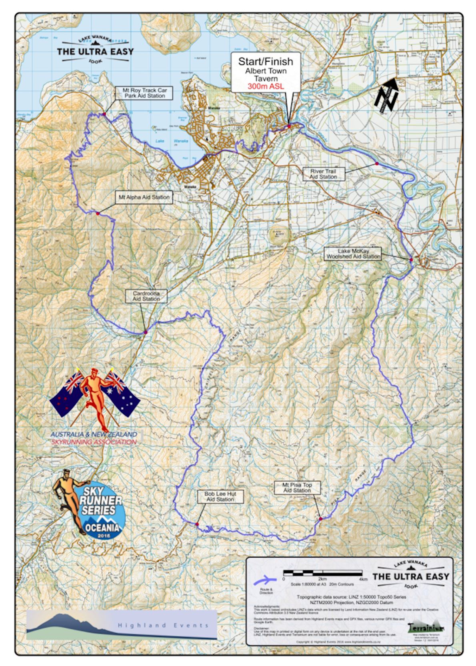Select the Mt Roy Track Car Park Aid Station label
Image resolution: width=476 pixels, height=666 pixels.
(144, 93)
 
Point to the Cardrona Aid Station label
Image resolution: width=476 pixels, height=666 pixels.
(146, 296)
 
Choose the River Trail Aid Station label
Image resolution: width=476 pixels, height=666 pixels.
(323, 174)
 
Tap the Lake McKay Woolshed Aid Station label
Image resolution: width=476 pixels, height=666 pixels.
(353, 254)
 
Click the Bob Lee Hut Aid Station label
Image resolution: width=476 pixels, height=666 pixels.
(220, 497)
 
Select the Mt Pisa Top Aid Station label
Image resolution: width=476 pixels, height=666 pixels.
(297, 487)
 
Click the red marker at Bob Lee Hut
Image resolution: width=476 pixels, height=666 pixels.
(197, 524)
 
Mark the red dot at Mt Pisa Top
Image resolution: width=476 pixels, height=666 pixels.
(321, 519)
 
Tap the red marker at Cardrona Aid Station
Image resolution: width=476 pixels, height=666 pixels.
(146, 332)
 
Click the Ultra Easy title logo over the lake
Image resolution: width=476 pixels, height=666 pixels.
(95, 51)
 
